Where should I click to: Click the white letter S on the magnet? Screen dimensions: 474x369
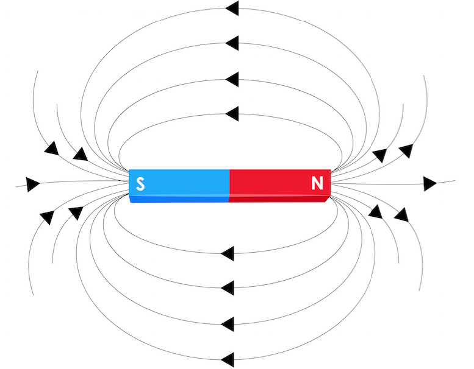(140, 183)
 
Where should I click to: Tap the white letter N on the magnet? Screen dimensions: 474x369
(317, 183)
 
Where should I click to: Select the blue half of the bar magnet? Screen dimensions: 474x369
(179, 186)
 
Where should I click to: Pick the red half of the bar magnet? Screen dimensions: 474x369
(279, 186)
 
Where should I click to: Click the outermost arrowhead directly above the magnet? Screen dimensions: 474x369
(232, 8)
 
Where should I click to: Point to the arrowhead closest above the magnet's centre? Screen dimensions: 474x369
(232, 114)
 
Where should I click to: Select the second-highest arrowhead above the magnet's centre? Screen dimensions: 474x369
(232, 43)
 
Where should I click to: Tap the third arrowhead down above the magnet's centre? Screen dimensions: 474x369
(232, 79)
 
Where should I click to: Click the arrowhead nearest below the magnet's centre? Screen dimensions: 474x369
(228, 253)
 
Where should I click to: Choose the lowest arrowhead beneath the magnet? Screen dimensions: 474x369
(228, 360)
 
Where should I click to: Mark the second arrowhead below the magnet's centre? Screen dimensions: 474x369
(228, 288)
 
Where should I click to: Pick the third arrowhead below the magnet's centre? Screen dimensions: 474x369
(228, 325)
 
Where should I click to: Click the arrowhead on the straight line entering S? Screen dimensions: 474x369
(33, 184)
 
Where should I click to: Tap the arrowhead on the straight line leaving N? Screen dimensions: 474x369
(430, 184)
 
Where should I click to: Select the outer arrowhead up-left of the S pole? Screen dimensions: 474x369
(52, 148)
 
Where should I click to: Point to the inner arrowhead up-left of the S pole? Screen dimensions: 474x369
(81, 154)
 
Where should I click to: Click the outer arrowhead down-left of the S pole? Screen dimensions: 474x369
(47, 217)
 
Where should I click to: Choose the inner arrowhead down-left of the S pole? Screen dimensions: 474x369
(76, 213)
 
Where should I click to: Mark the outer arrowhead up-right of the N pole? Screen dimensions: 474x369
(406, 151)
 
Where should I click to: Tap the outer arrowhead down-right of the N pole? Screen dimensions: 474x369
(401, 214)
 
